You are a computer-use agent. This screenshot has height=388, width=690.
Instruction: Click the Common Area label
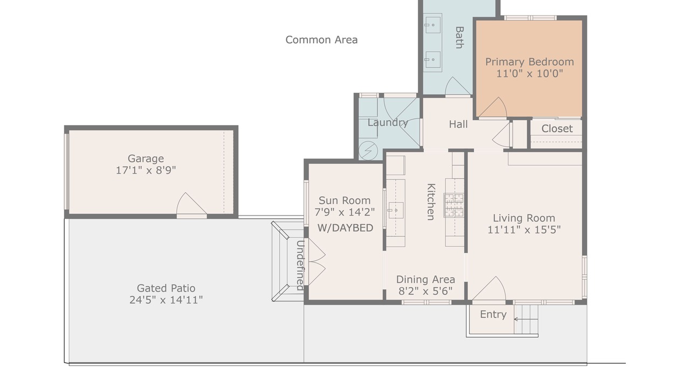pos(321,40)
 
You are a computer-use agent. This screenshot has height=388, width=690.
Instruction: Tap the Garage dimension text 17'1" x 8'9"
pos(146,170)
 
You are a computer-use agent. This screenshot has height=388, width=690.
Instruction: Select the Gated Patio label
pos(166,288)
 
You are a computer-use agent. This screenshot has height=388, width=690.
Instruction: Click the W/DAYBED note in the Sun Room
pos(346,228)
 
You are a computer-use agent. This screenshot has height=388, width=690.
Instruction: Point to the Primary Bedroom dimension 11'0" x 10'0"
pos(529,74)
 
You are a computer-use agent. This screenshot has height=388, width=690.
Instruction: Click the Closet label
pos(557,129)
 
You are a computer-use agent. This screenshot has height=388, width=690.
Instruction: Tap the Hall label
pos(458,124)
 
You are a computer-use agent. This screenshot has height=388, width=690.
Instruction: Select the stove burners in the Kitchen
pos(454,205)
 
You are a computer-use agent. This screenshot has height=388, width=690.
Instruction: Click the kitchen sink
pos(396,210)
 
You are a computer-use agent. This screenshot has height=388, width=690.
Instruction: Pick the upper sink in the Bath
pos(432,25)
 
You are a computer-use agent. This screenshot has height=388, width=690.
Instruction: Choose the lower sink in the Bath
pos(432,59)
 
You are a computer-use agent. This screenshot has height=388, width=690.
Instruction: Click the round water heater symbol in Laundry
pos(368,150)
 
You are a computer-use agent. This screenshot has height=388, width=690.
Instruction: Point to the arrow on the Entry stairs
pos(526,320)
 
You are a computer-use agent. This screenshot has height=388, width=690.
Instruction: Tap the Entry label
pos(493,314)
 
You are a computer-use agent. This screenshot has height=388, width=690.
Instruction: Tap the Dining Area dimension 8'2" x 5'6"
pos(425,291)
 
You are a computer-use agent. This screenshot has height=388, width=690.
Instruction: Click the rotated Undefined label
pos(300,266)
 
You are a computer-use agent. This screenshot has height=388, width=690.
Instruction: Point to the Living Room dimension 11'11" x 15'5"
pos(524,230)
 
